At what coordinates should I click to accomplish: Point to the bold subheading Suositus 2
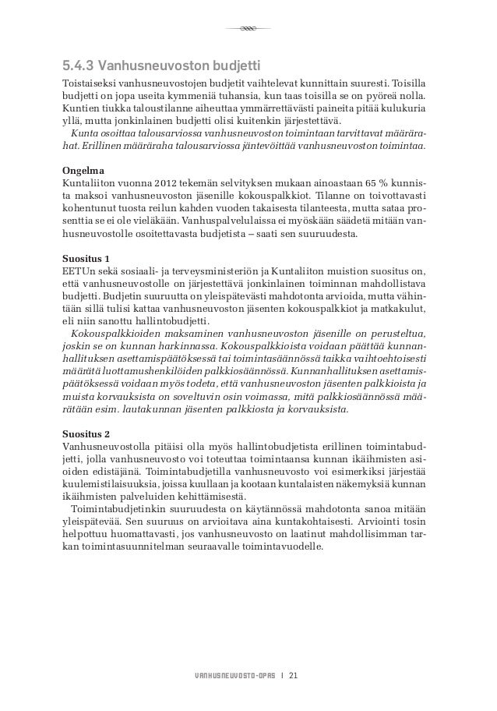click(86, 433)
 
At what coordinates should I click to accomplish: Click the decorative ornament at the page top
click(248, 29)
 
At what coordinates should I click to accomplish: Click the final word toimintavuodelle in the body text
click(290, 548)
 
